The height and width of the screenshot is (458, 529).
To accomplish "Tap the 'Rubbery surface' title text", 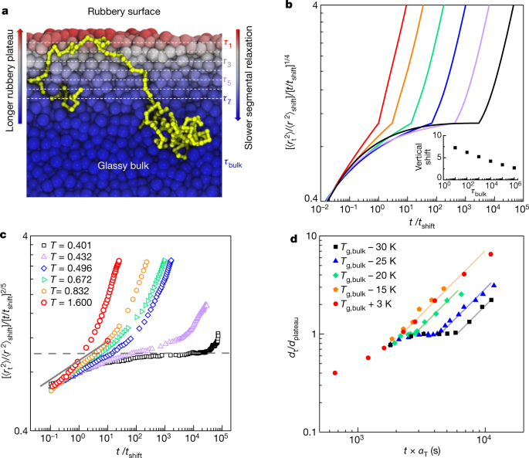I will [x=131, y=9].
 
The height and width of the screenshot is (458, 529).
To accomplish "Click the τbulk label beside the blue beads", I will [x=232, y=164].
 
